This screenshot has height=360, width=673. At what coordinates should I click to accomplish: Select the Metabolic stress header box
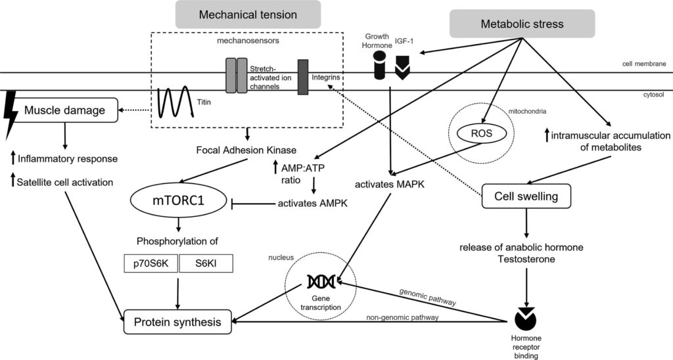522,24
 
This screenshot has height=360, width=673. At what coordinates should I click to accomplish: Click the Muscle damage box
64,110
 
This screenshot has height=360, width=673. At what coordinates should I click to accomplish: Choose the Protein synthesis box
178,322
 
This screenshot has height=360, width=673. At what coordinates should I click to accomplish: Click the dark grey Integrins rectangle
303,76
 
